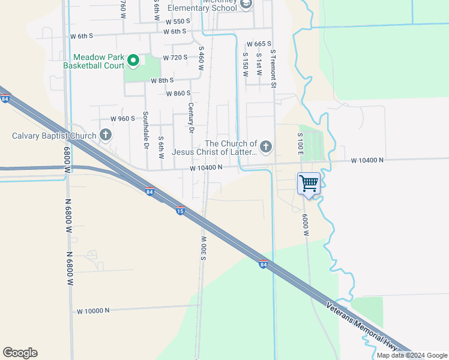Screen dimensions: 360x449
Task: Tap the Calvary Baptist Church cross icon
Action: pyautogui.click(x=106, y=134)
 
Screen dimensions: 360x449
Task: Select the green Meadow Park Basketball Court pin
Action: pyautogui.click(x=133, y=61)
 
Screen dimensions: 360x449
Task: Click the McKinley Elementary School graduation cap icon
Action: pyautogui.click(x=246, y=5)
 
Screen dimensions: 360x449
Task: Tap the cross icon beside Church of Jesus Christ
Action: pyautogui.click(x=266, y=146)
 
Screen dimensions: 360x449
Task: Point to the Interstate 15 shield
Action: pyautogui.click(x=180, y=211)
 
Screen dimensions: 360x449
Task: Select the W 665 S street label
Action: pyautogui.click(x=259, y=44)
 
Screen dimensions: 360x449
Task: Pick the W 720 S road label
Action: pyautogui.click(x=175, y=58)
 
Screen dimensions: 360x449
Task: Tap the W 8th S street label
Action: pyautogui.click(x=162, y=80)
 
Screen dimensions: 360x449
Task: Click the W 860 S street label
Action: pyautogui.click(x=178, y=93)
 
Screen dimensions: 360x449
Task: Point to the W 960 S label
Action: pyautogui.click(x=122, y=119)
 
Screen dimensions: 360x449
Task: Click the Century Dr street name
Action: pyautogui.click(x=191, y=118)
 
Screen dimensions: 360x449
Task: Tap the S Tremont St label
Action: pyautogui.click(x=273, y=69)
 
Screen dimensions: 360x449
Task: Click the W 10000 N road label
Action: pyautogui.click(x=94, y=311)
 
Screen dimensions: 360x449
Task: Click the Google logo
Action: pyautogui.click(x=20, y=353)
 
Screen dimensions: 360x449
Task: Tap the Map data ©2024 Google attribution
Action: pyautogui.click(x=412, y=355)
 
